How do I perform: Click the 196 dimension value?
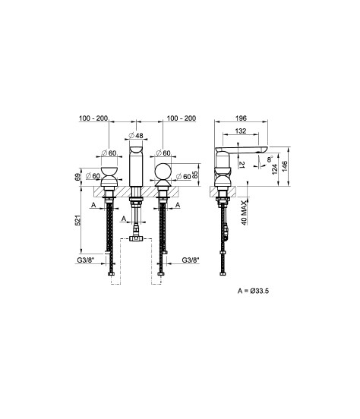[x=241, y=118]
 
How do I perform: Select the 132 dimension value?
[x=241, y=131]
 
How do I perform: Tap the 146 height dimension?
[x=284, y=166]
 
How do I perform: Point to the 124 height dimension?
[x=275, y=169]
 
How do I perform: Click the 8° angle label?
[x=270, y=159]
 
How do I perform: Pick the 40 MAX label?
[x=245, y=213]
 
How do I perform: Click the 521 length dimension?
[x=77, y=220]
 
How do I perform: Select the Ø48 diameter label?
[x=136, y=135]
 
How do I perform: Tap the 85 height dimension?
[x=195, y=175]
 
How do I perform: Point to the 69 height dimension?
[x=77, y=177]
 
